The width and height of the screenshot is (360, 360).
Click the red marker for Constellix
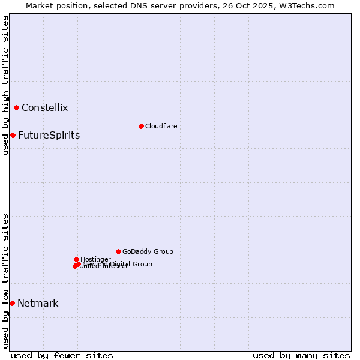17,108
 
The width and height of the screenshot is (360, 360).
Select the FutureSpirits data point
13,135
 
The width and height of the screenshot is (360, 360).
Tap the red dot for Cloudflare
141,126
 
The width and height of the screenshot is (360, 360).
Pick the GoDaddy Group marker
118,251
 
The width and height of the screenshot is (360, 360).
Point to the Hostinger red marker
76,259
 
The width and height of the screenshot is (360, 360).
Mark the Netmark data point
12,303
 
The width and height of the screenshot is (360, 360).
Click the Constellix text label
44,108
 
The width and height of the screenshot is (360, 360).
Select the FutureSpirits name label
49,135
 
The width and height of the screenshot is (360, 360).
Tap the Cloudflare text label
161,126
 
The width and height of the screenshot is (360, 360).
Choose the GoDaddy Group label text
148,251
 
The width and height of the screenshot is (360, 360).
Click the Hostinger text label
95,259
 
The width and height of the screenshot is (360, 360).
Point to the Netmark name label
38,303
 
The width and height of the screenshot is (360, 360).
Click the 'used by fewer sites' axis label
62,355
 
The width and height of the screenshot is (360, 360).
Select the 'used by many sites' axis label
301,355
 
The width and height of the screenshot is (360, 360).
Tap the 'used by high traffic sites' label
5,85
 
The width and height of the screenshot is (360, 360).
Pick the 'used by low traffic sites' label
5,281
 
